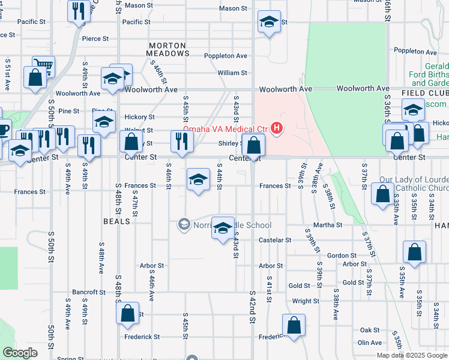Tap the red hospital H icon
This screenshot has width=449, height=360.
coord(276,128)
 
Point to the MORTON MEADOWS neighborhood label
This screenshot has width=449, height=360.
coord(169,50)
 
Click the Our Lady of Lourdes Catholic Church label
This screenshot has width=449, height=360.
coord(414,185)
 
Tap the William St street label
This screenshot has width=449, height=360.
coord(232,73)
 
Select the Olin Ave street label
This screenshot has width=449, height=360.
coord(370,343)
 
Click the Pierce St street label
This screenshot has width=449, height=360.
coord(95,38)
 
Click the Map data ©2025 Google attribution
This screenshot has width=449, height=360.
coord(411,355)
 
